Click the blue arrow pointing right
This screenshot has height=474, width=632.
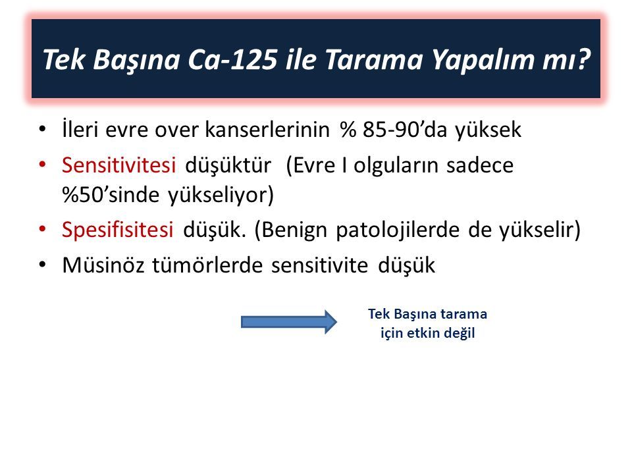tap(288, 322)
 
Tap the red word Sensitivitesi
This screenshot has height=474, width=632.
tap(118, 165)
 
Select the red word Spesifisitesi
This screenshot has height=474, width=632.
tap(117, 230)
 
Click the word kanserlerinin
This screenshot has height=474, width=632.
tap(267, 130)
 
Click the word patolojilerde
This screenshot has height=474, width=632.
tap(398, 230)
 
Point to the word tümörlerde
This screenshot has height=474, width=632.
tap(207, 265)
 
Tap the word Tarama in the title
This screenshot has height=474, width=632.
tap(374, 59)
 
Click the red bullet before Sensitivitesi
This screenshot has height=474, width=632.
tap(42, 165)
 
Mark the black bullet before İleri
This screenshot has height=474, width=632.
tap(42, 129)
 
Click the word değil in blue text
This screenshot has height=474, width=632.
tap(459, 333)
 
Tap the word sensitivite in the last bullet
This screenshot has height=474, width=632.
tap(320, 265)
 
